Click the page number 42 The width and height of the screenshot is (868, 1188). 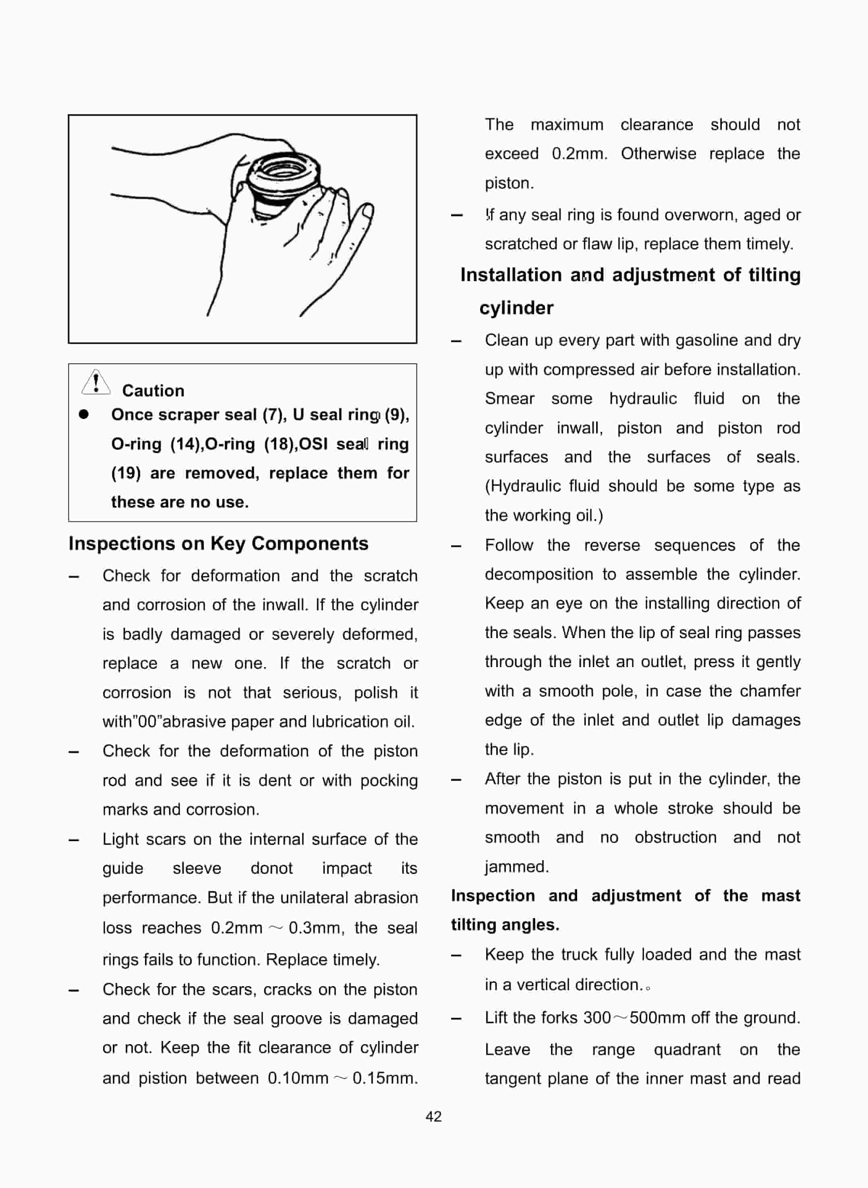(x=433, y=1116)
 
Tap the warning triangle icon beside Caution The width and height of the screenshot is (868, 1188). (x=95, y=382)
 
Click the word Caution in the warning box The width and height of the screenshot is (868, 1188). (x=153, y=390)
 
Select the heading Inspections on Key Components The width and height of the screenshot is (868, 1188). (x=218, y=543)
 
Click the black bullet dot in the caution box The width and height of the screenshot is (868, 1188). (x=83, y=415)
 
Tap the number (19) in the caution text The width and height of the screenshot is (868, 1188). (x=126, y=473)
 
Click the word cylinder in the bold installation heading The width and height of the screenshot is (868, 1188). (x=516, y=308)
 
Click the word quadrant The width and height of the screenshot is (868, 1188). (x=687, y=1049)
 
